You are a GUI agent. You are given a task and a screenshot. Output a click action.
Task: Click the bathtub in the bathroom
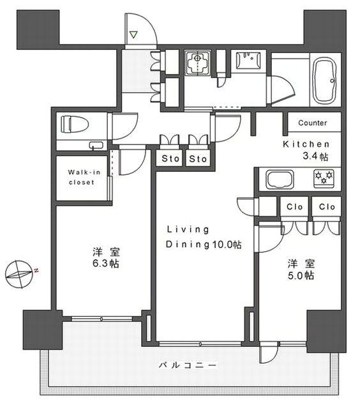pos(324,81)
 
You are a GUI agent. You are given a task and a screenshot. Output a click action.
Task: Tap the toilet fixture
pos(75,124)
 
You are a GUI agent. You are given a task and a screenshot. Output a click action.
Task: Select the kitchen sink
pos(280,179)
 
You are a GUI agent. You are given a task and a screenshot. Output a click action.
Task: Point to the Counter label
pos(312,123)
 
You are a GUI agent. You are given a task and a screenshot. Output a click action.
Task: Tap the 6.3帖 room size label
pos(106,263)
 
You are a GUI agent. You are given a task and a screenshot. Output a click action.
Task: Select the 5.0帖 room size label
pos(301,275)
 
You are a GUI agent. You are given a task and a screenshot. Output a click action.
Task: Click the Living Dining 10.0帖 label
pos(204,237)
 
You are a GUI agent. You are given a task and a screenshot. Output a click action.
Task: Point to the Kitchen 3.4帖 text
pos(306,150)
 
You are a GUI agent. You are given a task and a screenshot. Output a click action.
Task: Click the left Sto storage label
pos(170,158)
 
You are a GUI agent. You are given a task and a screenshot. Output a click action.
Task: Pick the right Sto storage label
pos(198,158)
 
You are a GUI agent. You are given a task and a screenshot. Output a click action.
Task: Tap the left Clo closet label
pos(295,207)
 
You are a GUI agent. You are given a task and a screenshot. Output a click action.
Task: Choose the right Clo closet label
pos(327,207)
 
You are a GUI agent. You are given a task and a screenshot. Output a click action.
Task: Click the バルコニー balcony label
pos(188,365)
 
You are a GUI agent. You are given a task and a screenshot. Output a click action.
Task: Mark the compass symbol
pos(20,274)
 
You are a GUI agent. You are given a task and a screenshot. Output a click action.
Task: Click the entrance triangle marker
pos(133,35)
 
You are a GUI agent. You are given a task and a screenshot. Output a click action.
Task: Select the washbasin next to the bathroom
pos(248,61)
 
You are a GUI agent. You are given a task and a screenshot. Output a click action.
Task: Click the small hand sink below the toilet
pos(96,145)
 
